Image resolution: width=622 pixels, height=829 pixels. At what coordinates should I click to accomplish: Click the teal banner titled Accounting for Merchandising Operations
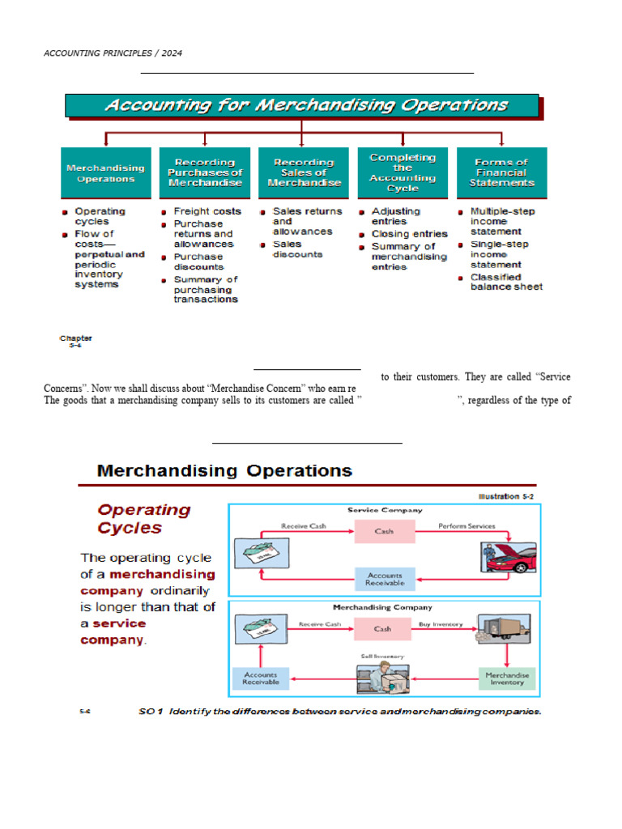click(301, 105)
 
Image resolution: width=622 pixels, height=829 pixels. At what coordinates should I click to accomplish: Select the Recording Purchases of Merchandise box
click(205, 172)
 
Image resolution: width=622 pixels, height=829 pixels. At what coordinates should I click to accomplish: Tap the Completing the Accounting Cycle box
click(403, 172)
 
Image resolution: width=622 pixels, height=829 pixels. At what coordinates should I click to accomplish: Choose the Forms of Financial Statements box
click(501, 172)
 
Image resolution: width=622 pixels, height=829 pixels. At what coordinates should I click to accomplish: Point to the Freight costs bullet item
click(207, 211)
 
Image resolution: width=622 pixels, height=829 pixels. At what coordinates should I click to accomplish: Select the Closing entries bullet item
click(409, 234)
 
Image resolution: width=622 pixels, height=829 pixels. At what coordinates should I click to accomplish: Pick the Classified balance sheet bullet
click(506, 282)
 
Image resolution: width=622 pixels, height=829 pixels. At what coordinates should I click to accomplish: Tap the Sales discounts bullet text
click(297, 249)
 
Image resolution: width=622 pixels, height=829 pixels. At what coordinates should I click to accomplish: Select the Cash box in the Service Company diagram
click(384, 532)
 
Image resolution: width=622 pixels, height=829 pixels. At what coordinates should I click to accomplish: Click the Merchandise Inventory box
click(507, 678)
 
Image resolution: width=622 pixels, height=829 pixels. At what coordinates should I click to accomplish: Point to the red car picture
click(511, 559)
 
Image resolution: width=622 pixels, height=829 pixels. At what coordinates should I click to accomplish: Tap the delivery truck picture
click(504, 630)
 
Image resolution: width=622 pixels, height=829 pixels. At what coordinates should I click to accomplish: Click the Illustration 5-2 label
click(506, 496)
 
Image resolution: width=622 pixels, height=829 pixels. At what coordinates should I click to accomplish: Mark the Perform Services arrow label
click(466, 526)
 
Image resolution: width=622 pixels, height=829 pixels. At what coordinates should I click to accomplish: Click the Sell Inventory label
click(382, 656)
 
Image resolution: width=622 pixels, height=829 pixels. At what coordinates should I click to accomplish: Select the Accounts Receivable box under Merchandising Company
click(260, 678)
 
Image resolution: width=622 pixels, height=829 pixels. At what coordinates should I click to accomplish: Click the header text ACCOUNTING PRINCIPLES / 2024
click(113, 53)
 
